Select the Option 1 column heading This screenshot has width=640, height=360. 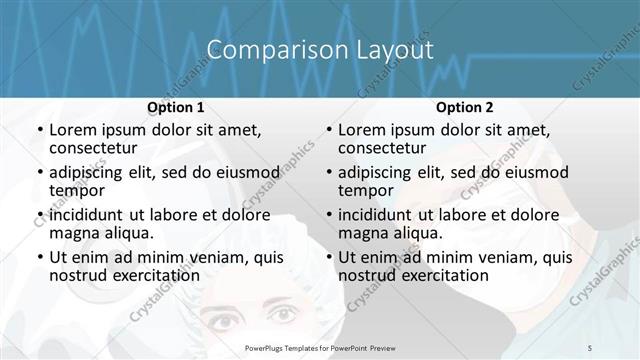[x=176, y=107]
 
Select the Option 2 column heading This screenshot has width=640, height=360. [x=464, y=107]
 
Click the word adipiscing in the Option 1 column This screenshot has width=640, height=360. [x=89, y=172]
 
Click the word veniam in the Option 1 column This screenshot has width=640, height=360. [x=199, y=257]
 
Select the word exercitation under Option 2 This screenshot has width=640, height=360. [x=443, y=275]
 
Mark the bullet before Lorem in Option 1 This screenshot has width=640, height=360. [x=39, y=131]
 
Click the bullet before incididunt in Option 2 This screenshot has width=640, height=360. [x=328, y=215]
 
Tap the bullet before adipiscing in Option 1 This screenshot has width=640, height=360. [x=39, y=173]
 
